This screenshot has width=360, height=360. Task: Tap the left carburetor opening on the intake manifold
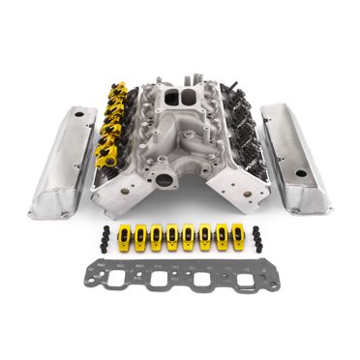click(x=170, y=99)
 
